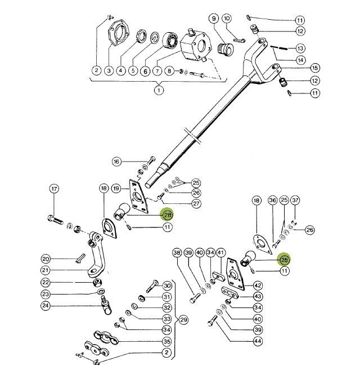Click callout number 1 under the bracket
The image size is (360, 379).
point(159,90)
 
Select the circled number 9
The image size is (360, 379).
point(214,19)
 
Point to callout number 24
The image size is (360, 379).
point(46,307)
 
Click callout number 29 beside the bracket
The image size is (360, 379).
point(183,320)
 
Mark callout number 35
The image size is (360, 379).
point(166,342)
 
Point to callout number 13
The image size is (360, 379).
point(316,48)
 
